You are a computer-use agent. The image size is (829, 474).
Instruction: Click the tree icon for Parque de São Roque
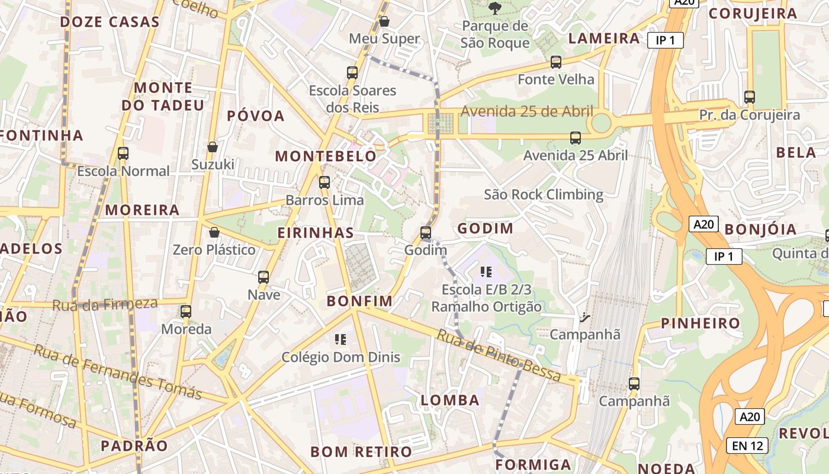pos(494,8)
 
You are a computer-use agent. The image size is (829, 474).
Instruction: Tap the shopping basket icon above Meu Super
pos(384,22)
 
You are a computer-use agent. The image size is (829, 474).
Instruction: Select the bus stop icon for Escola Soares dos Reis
pos(352,73)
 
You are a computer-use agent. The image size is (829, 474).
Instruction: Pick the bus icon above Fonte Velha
pos(555,62)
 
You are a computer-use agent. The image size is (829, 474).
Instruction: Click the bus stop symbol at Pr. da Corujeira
pos(750,97)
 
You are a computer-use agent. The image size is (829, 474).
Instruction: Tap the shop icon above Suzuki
pos(213,147)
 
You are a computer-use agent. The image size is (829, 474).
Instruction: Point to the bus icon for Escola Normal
pos(123,153)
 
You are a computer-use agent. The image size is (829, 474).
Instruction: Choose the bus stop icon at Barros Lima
pos(324,182)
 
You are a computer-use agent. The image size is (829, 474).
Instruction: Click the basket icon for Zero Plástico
pos(214,232)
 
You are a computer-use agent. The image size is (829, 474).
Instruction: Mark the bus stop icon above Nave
pos(264,277)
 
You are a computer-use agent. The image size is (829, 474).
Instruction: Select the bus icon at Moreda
pos(186,311)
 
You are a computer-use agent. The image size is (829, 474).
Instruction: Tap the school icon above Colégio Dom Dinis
pos(340,340)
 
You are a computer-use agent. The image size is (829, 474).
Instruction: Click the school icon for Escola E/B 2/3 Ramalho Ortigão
pos(486,272)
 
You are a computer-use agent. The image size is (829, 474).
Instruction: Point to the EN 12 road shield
pos(747,446)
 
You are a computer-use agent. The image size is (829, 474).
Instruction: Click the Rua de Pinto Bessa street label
pos(499,355)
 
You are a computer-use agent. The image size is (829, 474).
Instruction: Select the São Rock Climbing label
pos(544,194)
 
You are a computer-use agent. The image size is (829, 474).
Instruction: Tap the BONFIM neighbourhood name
pos(360,301)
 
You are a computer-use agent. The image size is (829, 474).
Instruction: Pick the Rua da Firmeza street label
pos(105,305)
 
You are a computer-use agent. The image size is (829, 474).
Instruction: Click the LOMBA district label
pos(450,400)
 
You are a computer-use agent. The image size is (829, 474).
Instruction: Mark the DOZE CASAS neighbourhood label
pos(110,23)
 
